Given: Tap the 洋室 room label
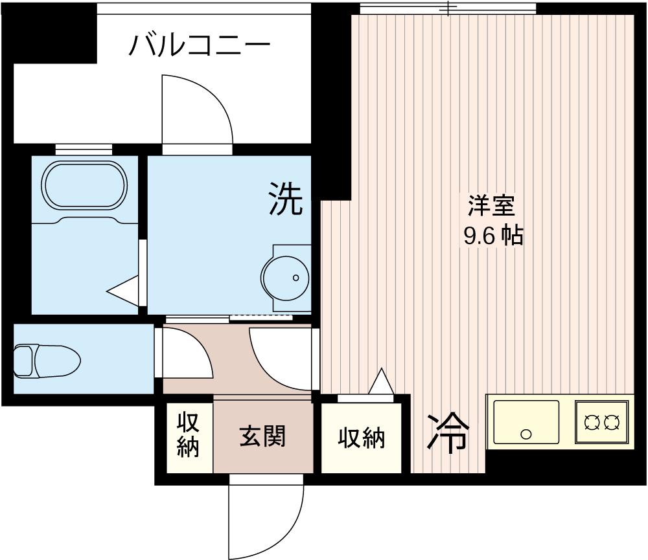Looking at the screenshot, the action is coord(491,206).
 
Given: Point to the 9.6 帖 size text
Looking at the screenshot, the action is coord(493,236).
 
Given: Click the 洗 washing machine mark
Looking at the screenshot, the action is coord(286,199).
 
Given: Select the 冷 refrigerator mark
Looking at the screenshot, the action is coord(448,431).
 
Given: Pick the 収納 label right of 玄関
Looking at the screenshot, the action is coord(362,438).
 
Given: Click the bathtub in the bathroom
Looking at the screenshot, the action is coord(84,185).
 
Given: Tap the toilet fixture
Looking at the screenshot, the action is coord(47,361).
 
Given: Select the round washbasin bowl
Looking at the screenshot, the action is coord(285,278).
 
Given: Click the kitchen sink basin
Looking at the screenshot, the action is coord(526,421).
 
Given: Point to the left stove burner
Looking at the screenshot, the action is coord(592,422).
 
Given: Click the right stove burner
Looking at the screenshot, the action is coord(612,422).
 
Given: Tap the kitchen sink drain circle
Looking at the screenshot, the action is coord(526,434).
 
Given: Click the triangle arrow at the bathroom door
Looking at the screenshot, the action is coord(122,291).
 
